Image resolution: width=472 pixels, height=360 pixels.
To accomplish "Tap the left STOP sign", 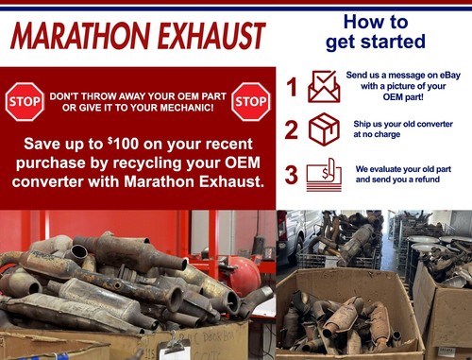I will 25,101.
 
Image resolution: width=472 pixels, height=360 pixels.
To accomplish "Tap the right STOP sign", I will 250,101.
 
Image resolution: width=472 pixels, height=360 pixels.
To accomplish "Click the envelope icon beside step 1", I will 324,88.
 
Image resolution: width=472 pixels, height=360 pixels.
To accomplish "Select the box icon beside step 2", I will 324,129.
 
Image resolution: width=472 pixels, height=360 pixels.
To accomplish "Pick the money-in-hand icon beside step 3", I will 324,174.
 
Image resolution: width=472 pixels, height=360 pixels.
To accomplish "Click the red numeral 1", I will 292,88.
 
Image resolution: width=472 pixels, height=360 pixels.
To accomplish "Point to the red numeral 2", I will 292,129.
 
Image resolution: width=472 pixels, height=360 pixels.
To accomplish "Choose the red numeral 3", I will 292,175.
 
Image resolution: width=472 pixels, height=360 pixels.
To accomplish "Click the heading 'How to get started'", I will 375,31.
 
